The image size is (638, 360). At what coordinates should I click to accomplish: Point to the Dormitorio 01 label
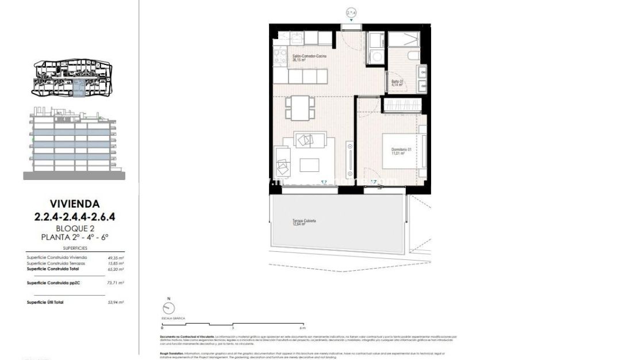[400, 151]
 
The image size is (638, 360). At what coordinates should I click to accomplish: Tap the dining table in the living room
[299, 106]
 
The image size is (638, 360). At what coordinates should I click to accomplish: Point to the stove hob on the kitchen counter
[281, 56]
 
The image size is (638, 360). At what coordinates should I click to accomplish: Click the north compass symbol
[168, 308]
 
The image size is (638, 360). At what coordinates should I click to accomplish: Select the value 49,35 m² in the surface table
[116, 258]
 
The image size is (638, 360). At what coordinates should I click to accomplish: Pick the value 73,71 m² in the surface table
[116, 283]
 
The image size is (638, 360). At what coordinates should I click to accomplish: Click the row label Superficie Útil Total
[47, 302]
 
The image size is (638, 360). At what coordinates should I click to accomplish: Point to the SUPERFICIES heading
[75, 248]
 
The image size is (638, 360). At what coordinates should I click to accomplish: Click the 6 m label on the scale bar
[303, 327]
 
